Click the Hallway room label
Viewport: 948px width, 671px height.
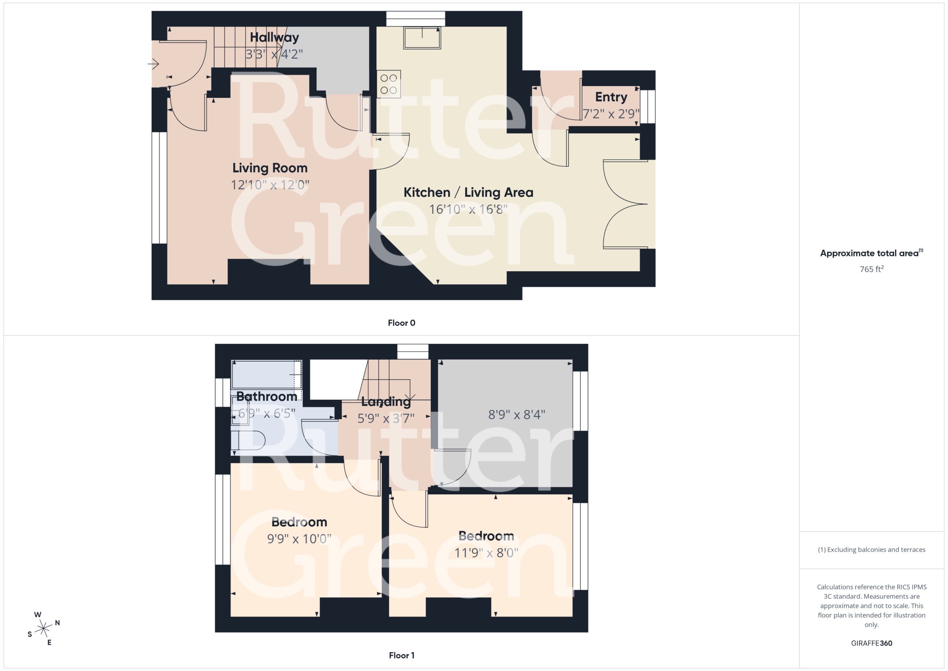click(x=274, y=37)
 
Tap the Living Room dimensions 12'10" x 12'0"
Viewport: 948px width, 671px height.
click(x=270, y=185)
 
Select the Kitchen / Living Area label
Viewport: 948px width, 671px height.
click(x=468, y=193)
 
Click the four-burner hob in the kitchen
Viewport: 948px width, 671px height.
click(x=388, y=84)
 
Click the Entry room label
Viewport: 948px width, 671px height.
click(x=611, y=97)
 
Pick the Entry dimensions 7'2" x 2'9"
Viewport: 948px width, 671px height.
click(x=611, y=114)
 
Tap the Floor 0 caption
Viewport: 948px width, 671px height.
click(x=401, y=323)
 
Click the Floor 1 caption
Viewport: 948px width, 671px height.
click(x=401, y=655)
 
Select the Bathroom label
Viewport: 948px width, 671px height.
click(x=267, y=397)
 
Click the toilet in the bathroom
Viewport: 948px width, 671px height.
click(x=248, y=441)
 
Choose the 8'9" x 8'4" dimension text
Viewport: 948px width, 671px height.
click(x=517, y=414)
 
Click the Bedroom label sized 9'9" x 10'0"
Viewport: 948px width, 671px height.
click(x=299, y=522)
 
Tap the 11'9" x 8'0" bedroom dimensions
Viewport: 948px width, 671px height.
click(x=486, y=553)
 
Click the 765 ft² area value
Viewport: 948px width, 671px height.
click(x=872, y=269)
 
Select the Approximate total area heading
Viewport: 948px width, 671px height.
click(x=871, y=253)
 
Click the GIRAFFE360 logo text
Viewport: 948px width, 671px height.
click(x=872, y=643)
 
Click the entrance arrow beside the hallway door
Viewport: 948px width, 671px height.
click(x=153, y=64)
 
